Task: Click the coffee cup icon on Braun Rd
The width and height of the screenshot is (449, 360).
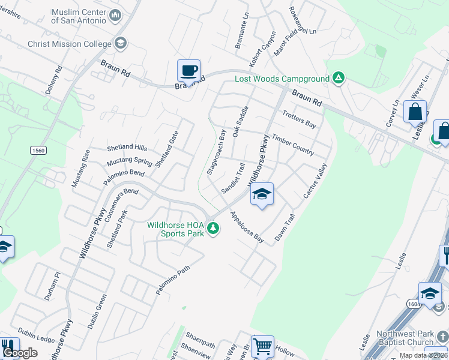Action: [x=188, y=71]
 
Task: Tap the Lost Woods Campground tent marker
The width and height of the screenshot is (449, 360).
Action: [x=339, y=79]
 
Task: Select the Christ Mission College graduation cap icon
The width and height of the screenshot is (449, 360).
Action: [x=121, y=43]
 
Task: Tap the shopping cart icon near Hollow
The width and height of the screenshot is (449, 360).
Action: [x=262, y=346]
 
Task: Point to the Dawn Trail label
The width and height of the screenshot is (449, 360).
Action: [x=285, y=228]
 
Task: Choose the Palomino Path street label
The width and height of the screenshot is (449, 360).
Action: [x=173, y=280]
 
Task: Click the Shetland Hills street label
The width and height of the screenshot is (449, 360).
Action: [x=127, y=148]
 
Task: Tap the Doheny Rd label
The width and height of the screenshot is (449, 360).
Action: [x=54, y=80]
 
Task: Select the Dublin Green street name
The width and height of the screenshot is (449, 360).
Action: [x=97, y=311]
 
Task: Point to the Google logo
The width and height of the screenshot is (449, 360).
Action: [x=20, y=353]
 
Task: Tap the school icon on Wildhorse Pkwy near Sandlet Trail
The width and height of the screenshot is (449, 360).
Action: [x=262, y=194]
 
